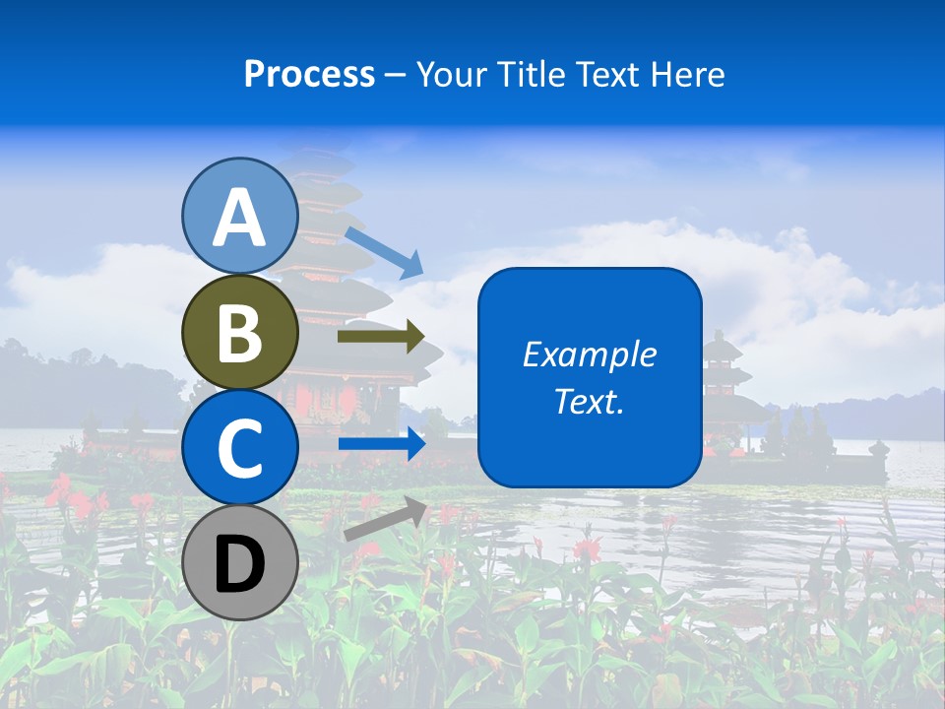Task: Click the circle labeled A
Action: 240,216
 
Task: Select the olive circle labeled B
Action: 240,332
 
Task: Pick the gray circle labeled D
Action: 240,562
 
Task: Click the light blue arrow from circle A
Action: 384,252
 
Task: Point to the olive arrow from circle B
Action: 380,337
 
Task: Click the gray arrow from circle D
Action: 385,519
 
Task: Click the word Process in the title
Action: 309,74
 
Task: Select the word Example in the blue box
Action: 589,354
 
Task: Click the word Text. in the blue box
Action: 589,401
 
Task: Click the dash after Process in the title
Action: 396,75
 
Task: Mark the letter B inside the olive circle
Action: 240,334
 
